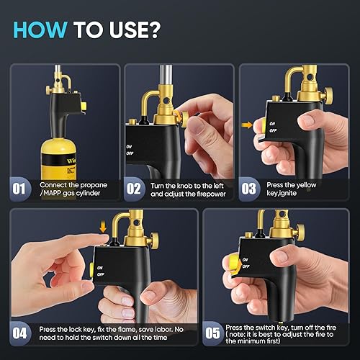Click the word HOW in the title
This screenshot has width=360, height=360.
pos(40,30)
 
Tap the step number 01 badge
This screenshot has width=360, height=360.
pos(19,189)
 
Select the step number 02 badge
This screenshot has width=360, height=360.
pos(134,189)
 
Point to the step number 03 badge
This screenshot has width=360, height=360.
pos(248,189)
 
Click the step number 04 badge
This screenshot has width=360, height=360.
pos(19,333)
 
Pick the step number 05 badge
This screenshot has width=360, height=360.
pos(212,333)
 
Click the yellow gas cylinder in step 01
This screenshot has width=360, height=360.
pos(58,159)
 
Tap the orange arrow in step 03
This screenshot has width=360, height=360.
pos(247,125)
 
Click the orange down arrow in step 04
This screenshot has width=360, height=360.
pos(103,227)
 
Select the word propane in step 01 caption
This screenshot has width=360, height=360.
pos(94,185)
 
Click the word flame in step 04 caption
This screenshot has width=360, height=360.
pos(127,329)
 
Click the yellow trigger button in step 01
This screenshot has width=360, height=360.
pos(84,107)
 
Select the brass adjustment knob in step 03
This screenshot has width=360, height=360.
pos(328,94)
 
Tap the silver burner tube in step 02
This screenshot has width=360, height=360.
pos(166,77)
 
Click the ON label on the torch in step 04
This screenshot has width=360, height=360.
pos(100,268)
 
